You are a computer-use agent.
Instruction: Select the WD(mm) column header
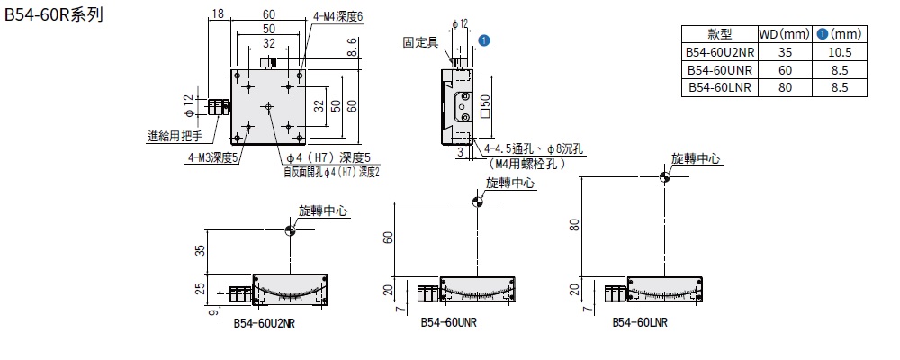pyautogui.click(x=780, y=34)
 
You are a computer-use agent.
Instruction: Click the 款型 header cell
pyautogui.click(x=720, y=34)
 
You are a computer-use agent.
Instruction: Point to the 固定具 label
pyautogui.click(x=420, y=42)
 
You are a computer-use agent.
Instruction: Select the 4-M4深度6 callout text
pyautogui.click(x=338, y=16)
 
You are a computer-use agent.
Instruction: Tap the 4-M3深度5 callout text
pyautogui.click(x=211, y=157)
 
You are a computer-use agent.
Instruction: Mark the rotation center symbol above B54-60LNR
pyautogui.click(x=665, y=178)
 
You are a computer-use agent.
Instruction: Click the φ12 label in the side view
pyautogui.click(x=458, y=23)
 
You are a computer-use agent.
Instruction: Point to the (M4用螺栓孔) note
pyautogui.click(x=526, y=165)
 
